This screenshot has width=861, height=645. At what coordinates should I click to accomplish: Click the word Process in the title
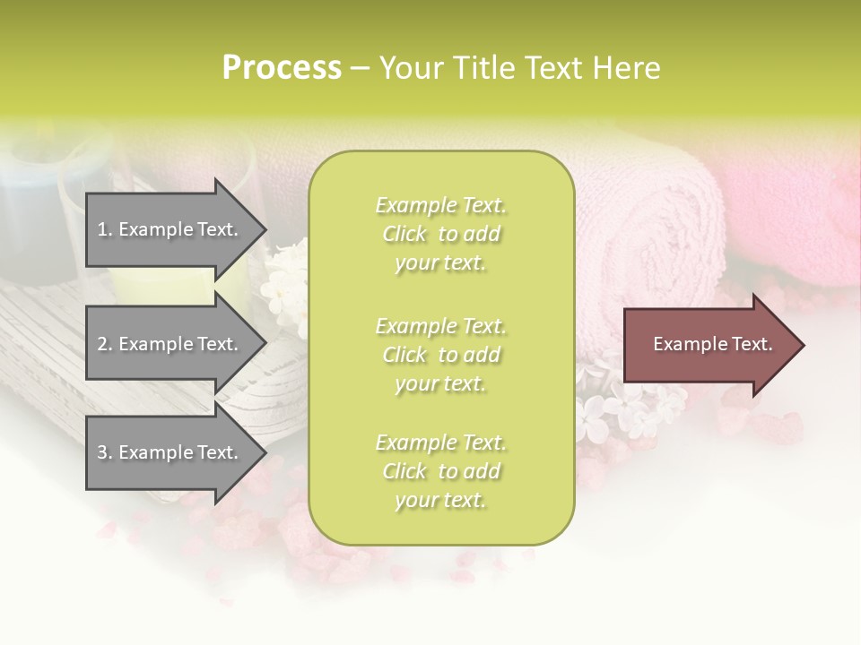pos(282,68)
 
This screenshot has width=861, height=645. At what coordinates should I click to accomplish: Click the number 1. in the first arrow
pos(105,229)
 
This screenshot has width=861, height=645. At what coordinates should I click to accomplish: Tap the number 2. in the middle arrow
pos(105,344)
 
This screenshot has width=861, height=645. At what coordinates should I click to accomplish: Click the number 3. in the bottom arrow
pos(105,452)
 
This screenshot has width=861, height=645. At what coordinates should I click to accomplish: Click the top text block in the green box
pos(441,234)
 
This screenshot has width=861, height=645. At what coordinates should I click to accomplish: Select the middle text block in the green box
pos(441,355)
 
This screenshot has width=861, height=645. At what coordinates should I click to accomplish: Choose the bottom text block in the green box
pos(441,471)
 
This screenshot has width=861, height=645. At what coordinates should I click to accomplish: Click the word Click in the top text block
pos(404,234)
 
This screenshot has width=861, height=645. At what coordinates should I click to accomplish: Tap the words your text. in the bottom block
pos(439,500)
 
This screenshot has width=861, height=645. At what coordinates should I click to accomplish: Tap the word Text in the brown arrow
pos(752,344)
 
